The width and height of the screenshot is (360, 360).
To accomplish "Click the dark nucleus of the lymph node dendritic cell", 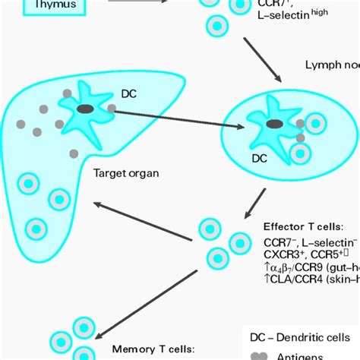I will pyautogui.click(x=273, y=123).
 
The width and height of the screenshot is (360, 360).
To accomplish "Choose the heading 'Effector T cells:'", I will pyautogui.click(x=304, y=226).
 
